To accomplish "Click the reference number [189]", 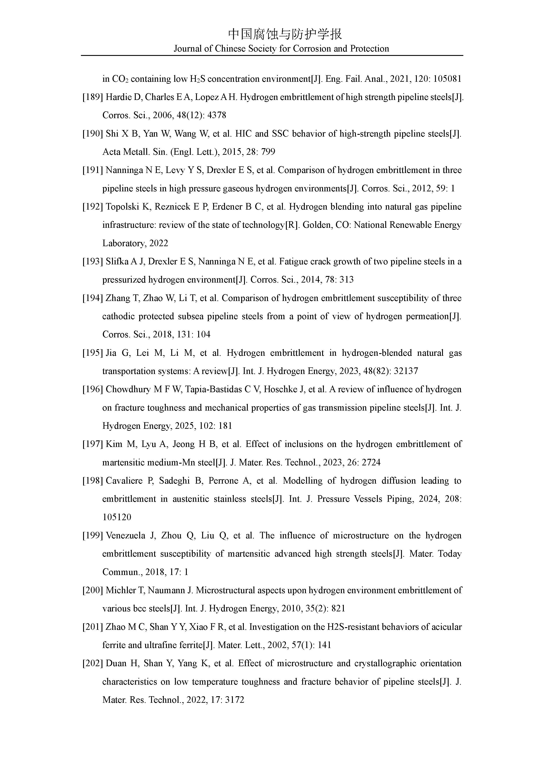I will pyautogui.click(x=93, y=97).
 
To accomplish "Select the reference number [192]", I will pyautogui.click(x=93, y=207).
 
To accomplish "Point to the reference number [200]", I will pyautogui.click(x=93, y=590).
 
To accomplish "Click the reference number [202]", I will pyautogui.click(x=93, y=663).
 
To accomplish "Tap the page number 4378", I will pyautogui.click(x=217, y=115).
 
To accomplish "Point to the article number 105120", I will pyautogui.click(x=117, y=517).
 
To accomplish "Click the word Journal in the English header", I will pyautogui.click(x=188, y=49).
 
